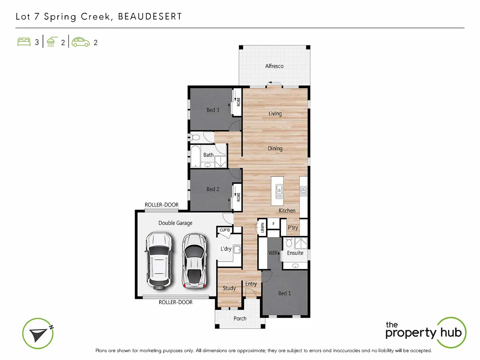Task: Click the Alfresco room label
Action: tap(274, 66)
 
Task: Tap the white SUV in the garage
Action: tap(159, 261)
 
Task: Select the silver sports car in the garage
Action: tap(194, 261)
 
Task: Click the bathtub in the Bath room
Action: tap(195, 156)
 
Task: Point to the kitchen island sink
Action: tap(279, 192)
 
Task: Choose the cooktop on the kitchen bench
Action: tap(303, 191)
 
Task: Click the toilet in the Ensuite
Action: tap(289, 242)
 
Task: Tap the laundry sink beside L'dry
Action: tap(237, 249)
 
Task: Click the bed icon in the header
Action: tap(24, 42)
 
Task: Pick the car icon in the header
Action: tap(81, 42)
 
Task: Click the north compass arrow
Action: tap(39, 334)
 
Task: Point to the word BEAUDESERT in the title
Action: tap(150, 17)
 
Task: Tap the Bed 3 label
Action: tap(213, 110)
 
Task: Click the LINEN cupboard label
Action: tap(262, 228)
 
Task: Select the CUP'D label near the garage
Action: tap(225, 230)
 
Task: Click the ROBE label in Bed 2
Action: tap(238, 197)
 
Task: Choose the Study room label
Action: tap(229, 288)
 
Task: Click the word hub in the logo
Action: tap(451, 332)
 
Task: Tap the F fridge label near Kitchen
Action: tap(273, 224)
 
